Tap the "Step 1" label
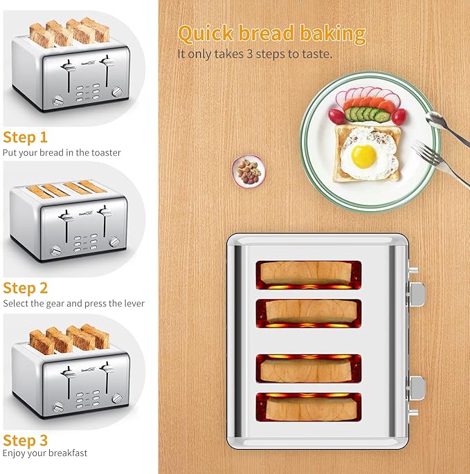pyautogui.click(x=25, y=137)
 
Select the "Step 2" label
pyautogui.click(x=25, y=288)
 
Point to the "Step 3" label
pyautogui.click(x=25, y=440)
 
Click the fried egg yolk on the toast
pyautogui.click(x=363, y=156)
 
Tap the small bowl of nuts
pyautogui.click(x=249, y=170)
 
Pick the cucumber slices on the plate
pyautogui.click(x=365, y=113)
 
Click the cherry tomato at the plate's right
pyautogui.click(x=399, y=116)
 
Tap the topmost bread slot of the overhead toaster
pyautogui.click(x=309, y=273)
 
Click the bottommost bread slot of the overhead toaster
pyautogui.click(x=309, y=407)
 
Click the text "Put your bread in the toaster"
pyautogui.click(x=62, y=152)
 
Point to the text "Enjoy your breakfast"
pyautogui.click(x=45, y=453)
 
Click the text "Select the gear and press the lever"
pyautogui.click(x=73, y=304)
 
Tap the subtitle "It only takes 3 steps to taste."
pyautogui.click(x=255, y=53)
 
